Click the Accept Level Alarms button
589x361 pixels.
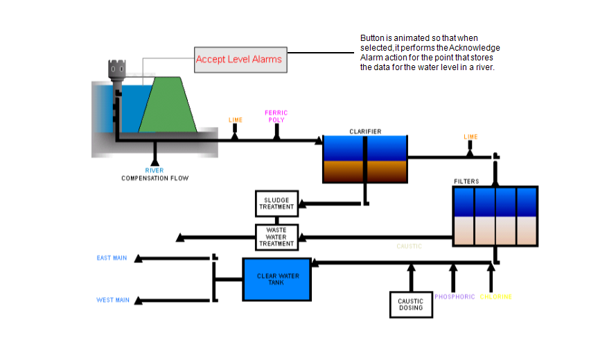239,60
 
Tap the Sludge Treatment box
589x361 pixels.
276,203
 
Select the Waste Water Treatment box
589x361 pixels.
276,237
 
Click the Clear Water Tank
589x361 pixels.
277,279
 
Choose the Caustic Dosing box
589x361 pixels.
411,303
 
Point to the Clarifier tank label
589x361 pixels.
365,131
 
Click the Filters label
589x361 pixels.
466,181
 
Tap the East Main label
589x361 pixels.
112,258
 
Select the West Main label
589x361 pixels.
112,300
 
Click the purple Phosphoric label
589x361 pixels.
455,296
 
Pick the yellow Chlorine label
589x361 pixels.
495,296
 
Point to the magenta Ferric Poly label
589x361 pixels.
276,116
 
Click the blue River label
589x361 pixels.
154,170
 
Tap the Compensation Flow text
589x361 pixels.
155,178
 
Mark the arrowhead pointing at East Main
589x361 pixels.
139,259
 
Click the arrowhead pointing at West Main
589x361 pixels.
139,301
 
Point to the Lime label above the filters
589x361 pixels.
471,137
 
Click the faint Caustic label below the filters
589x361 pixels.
409,246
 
